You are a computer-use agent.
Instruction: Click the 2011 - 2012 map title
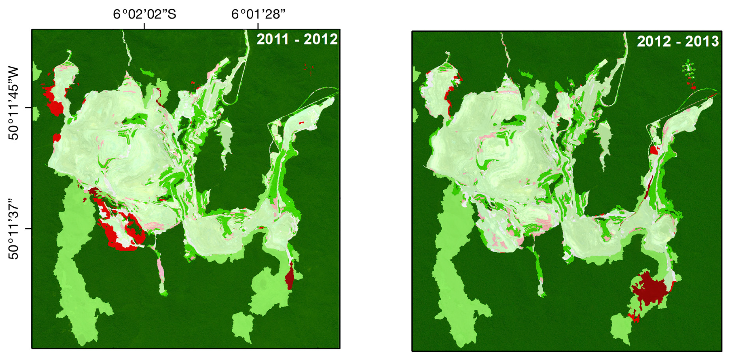(x=297, y=39)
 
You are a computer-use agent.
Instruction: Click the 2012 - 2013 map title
(x=678, y=42)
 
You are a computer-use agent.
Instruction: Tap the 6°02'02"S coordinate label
(x=145, y=14)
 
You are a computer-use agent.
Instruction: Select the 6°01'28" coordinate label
(x=258, y=14)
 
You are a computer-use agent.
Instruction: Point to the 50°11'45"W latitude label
(x=14, y=103)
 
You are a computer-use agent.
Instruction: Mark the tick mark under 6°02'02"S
(x=145, y=26)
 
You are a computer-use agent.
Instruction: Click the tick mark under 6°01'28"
(x=258, y=26)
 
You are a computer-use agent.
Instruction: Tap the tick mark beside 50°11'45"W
(x=28, y=108)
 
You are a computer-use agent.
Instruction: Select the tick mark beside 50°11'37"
(x=28, y=228)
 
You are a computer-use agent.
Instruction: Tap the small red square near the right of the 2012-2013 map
(x=654, y=150)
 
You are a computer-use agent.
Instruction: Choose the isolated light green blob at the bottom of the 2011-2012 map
(x=243, y=326)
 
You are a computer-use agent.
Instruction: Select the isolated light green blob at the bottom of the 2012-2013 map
(x=621, y=329)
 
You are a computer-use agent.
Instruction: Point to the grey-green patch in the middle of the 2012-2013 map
(x=604, y=139)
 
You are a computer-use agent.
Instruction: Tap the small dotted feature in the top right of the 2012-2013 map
(x=689, y=74)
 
